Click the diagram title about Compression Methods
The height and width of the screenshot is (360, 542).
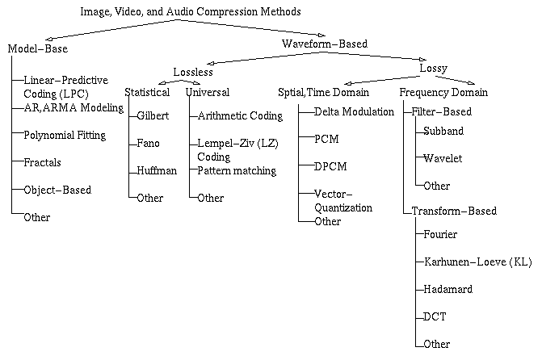[x=191, y=12]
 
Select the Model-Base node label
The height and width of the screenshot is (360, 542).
[x=38, y=48]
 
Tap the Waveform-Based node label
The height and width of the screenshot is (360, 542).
[x=325, y=44]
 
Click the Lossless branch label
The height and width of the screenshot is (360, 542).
[x=193, y=72]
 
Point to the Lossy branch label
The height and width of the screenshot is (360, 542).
[x=434, y=69]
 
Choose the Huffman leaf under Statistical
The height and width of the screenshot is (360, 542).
[x=157, y=170]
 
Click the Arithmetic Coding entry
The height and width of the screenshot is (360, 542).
[x=240, y=115]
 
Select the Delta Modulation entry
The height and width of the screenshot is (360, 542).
[x=354, y=111]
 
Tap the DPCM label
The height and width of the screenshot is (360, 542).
[x=330, y=166]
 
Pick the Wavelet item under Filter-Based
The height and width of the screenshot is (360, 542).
[x=443, y=158]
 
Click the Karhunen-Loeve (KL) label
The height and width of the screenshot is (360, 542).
[x=477, y=262]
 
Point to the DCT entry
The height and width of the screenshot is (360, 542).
[x=435, y=316]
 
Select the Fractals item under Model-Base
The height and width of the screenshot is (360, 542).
[x=42, y=162]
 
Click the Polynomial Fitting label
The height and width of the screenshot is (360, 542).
[x=65, y=135]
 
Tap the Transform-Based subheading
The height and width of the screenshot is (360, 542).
[x=454, y=211]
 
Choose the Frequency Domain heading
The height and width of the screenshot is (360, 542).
[x=443, y=93]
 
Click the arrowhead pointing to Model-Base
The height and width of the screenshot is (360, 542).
[x=48, y=39]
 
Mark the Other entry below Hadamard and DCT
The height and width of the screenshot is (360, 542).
[x=436, y=344]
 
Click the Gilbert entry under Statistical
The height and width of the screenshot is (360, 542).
[x=153, y=115]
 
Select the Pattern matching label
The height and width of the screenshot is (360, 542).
[x=237, y=170]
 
